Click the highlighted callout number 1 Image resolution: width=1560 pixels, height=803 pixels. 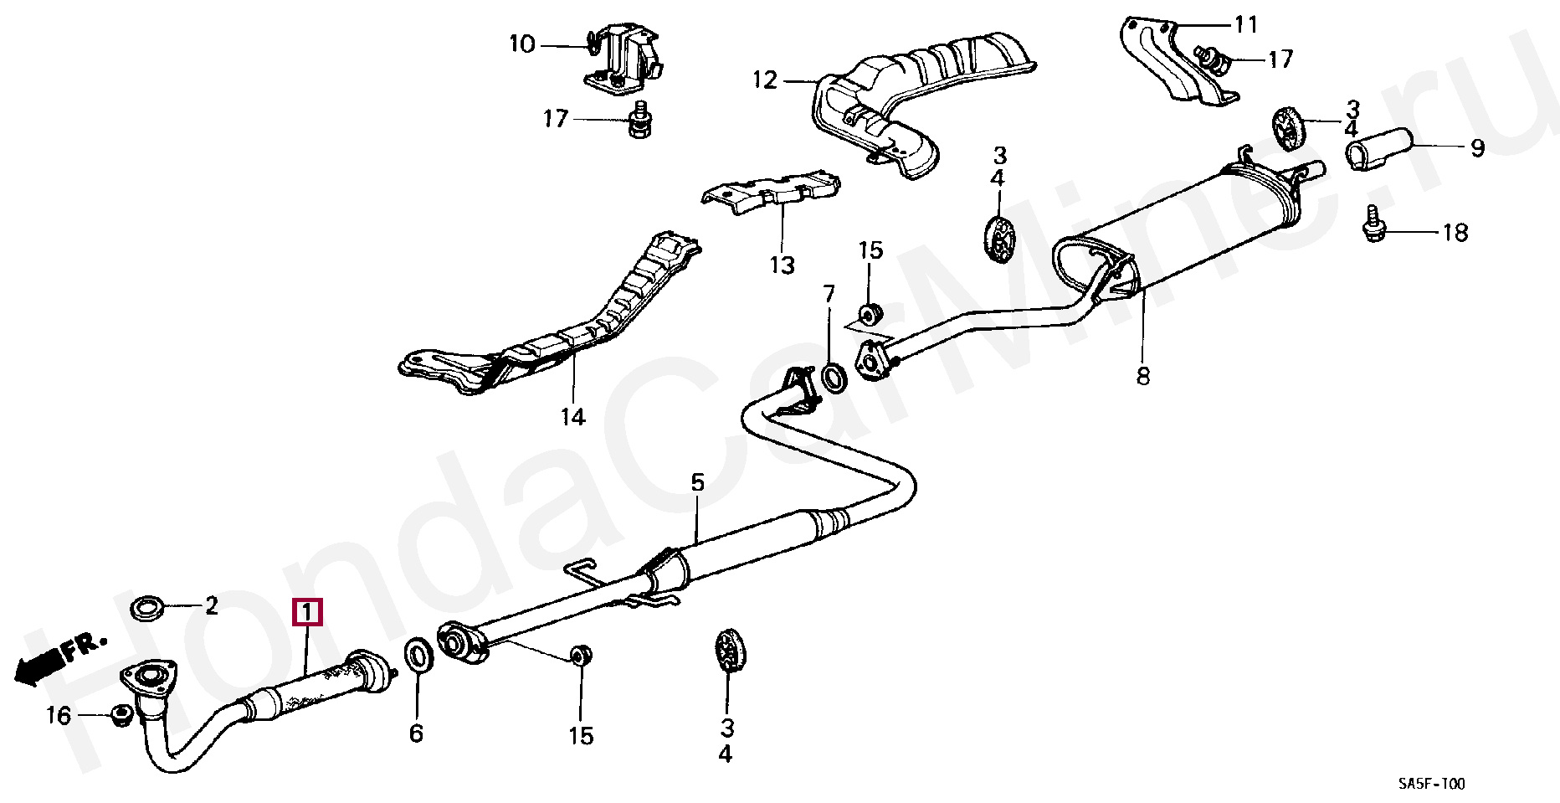[x=306, y=613]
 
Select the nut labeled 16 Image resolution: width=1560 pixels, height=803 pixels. [x=121, y=715]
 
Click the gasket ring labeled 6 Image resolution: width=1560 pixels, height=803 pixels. [x=418, y=656]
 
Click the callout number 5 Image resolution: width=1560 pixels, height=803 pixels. [x=697, y=482]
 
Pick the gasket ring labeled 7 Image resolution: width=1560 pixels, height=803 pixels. [x=834, y=378]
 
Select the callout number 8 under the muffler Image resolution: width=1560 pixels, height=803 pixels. [x=1143, y=377]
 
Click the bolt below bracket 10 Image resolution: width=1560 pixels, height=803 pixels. [x=639, y=122]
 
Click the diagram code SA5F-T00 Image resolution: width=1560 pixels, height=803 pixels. [x=1431, y=785]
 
